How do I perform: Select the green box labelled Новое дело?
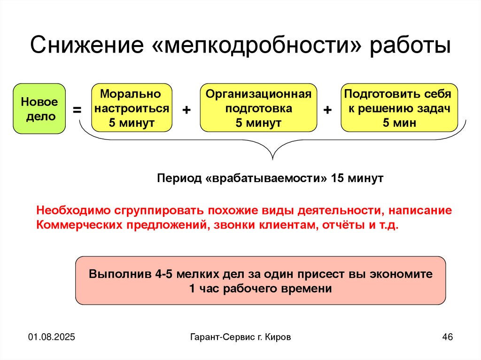tap(39, 108)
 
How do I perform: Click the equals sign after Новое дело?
tap(77, 110)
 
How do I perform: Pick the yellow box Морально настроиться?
tap(132, 108)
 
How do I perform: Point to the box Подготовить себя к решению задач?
tap(399, 108)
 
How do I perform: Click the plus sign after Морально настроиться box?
tap(186, 110)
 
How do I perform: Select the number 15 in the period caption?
tap(337, 179)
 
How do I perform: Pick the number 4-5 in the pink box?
tap(161, 274)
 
